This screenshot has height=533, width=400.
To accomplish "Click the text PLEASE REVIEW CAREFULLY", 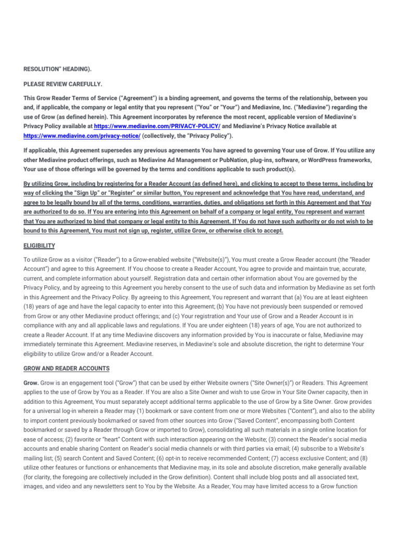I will click(63, 83).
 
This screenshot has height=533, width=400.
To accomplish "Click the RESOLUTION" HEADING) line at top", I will click(61, 69).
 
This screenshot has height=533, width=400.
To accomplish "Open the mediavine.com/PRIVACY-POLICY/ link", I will click(157, 126).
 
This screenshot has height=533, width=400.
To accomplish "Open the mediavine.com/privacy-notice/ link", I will click(82, 135).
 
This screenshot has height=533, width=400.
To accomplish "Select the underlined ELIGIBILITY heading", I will click(39, 245).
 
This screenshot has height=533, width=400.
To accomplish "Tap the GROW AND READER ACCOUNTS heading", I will click(66, 369).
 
